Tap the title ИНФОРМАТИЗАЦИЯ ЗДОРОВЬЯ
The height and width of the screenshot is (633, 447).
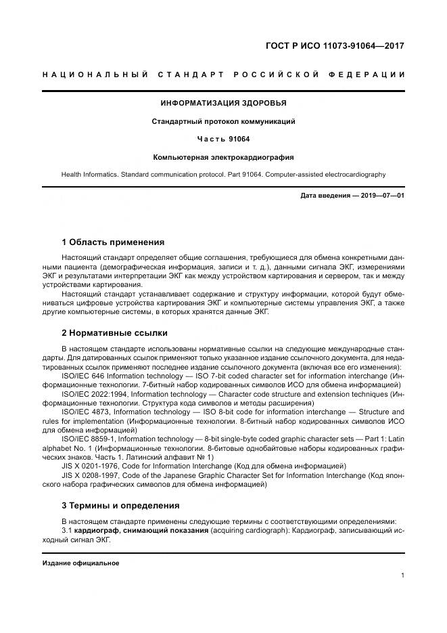[223, 104]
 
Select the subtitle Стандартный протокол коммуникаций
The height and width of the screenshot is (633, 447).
[223, 122]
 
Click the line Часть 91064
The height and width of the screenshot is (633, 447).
[223, 139]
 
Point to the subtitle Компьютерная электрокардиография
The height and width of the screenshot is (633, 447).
[223, 157]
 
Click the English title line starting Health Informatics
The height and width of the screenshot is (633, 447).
[223, 175]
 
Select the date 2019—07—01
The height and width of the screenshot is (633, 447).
[379, 196]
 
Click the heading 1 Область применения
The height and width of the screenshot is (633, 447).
[112, 242]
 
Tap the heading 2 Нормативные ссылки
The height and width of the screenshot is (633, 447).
[114, 333]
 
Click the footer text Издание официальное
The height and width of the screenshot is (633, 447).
[80, 563]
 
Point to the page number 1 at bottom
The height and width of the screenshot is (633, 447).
[402, 575]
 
